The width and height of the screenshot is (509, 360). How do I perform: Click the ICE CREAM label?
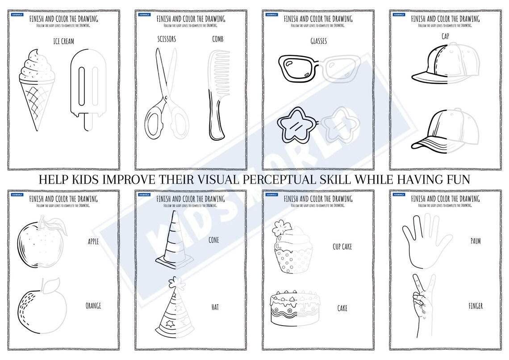click(x=63, y=42)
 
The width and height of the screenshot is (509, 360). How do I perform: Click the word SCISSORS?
click(x=167, y=39)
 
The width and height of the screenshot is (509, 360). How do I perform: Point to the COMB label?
click(x=218, y=39)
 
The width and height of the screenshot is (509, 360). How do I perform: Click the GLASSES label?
click(x=318, y=41)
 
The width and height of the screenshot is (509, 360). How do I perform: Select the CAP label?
click(x=445, y=35)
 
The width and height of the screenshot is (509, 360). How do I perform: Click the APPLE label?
click(x=93, y=242)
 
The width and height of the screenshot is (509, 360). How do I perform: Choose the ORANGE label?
click(x=93, y=306)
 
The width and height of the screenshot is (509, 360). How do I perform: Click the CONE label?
click(x=214, y=240)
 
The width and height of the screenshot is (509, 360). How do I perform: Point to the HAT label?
click(x=215, y=307)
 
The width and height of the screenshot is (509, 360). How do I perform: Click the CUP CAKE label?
click(x=342, y=246)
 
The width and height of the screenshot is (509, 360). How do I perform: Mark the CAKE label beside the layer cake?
click(x=342, y=308)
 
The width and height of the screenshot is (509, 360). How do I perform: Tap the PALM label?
click(x=476, y=241)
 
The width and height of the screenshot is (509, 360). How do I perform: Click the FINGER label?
click(x=476, y=306)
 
